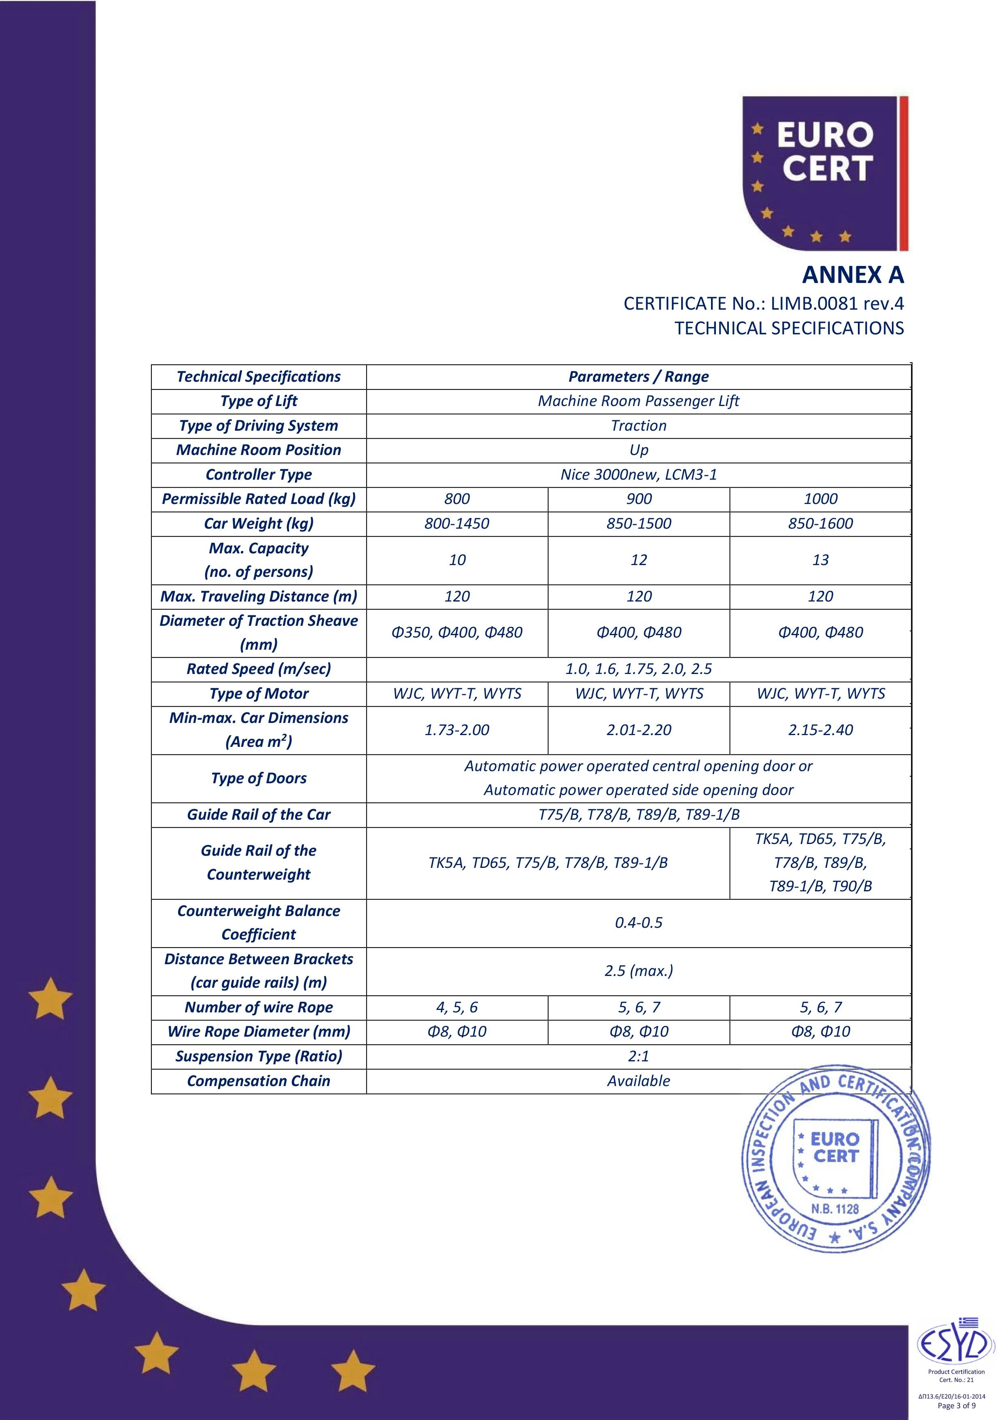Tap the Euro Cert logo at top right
825,173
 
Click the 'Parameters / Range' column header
638,376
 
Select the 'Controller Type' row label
259,474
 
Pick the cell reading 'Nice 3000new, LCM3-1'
638,474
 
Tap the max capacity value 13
820,560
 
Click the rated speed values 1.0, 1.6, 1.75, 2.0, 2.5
638,669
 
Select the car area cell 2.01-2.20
638,730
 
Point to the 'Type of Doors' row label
259,778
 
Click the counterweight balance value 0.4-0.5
638,923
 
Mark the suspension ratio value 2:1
638,1056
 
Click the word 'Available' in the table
638,1081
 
